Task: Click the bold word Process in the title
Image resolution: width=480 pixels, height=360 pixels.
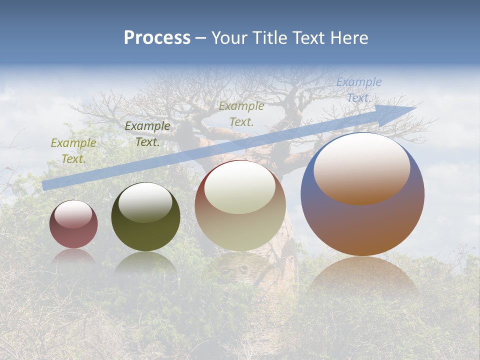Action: pos(157,38)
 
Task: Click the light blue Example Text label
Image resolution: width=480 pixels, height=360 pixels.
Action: pos(358,90)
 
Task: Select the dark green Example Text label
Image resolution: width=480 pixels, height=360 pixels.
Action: pos(147,134)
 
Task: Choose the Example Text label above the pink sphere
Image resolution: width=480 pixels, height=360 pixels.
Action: pos(73,151)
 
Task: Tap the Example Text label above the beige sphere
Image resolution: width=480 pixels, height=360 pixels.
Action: pos(241,113)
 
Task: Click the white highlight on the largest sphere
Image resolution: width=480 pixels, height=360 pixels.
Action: pos(361,167)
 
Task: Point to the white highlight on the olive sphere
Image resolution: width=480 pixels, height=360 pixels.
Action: pos(145,201)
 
